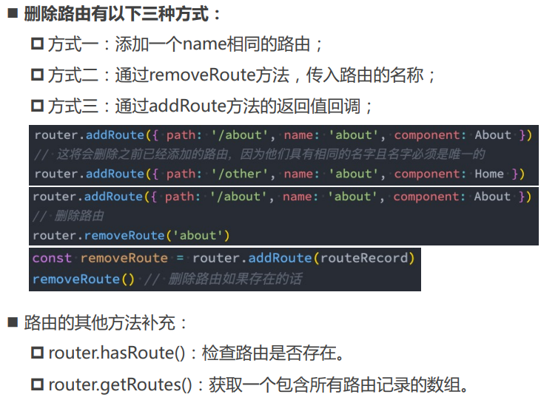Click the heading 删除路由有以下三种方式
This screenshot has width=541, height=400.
tap(122, 14)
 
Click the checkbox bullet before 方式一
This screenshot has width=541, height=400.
tap(38, 44)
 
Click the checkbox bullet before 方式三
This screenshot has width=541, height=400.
tap(38, 106)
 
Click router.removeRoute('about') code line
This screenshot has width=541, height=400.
tap(131, 236)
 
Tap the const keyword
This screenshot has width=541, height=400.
tap(52, 258)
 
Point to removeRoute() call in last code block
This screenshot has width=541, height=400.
tap(84, 279)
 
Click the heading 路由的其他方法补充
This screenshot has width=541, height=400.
tap(107, 322)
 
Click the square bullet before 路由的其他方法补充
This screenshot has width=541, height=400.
tap(13, 322)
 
